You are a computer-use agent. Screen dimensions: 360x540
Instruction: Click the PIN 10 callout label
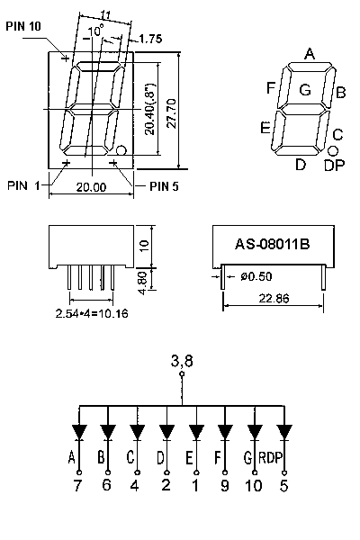[23, 26]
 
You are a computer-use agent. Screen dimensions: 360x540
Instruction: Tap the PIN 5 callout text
[164, 186]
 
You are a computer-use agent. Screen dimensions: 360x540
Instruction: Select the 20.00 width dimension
[91, 187]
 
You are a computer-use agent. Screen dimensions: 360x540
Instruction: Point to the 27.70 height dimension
[172, 113]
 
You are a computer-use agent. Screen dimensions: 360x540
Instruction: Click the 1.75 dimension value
[150, 39]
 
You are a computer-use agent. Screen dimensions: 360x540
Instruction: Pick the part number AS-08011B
[272, 244]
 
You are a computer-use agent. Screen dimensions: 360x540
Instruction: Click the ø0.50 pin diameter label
[256, 276]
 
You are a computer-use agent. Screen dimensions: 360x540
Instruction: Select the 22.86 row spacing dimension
[274, 298]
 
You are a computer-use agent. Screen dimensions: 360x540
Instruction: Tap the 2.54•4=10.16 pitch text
[92, 313]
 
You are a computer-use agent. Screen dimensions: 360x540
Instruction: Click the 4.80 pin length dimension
[143, 283]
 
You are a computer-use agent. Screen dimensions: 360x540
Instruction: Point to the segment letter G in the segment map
[305, 90]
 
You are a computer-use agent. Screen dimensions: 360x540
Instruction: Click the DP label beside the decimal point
[334, 166]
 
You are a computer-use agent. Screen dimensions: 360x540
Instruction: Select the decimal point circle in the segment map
[332, 150]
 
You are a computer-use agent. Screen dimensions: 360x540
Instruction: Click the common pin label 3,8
[182, 361]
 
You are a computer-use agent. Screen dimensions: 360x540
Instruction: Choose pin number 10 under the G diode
[254, 486]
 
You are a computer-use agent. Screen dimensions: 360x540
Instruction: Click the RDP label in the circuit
[271, 458]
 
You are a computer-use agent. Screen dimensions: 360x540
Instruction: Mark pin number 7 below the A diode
[77, 486]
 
